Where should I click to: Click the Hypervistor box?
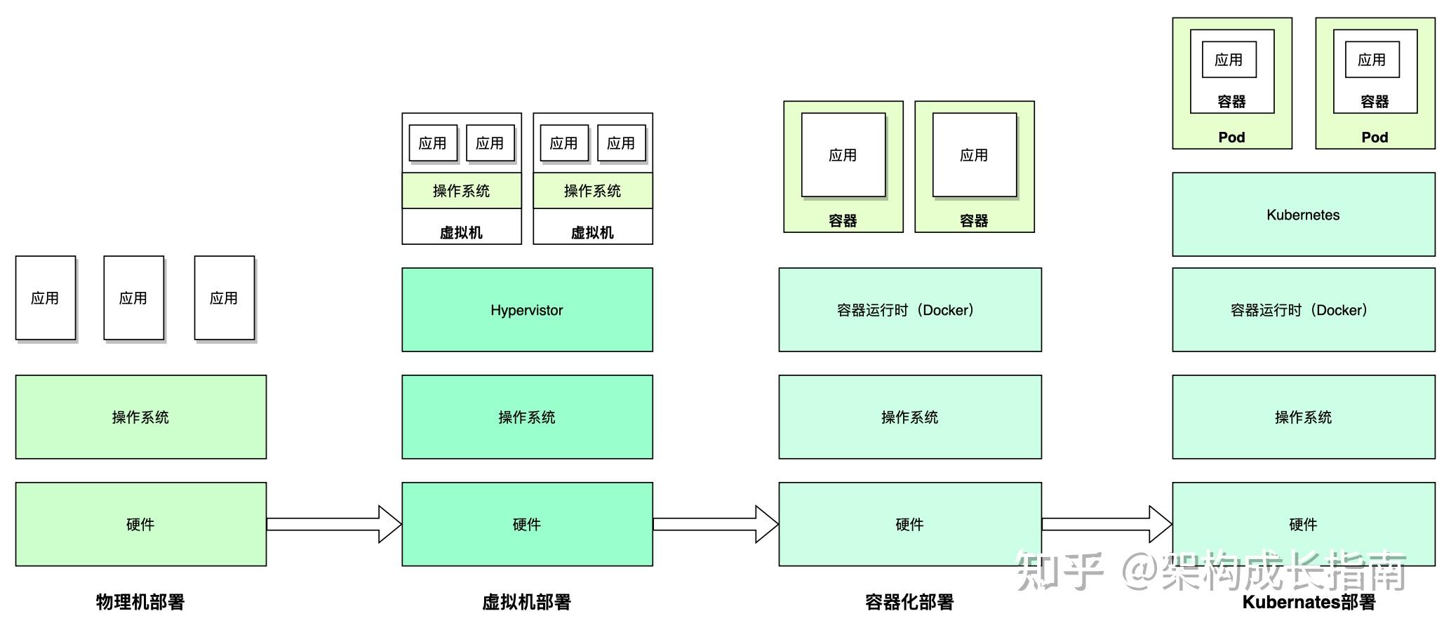[x=527, y=309]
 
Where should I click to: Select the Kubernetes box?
[x=1303, y=214]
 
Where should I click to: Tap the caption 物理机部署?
[x=140, y=601]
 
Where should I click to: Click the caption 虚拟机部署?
[x=526, y=601]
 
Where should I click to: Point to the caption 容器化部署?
[x=909, y=601]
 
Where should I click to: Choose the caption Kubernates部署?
[x=1308, y=601]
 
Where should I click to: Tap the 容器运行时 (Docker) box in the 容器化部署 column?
[x=909, y=309]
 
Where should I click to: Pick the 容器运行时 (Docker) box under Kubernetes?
[x=1303, y=309]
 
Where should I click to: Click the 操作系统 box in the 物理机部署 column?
[x=140, y=417]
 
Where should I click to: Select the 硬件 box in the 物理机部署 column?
[x=140, y=524]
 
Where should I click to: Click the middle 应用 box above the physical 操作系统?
[x=133, y=298]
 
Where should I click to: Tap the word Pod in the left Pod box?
[x=1231, y=137]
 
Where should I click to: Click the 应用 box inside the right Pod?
[x=1372, y=60]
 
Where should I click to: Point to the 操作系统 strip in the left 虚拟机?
[x=461, y=191]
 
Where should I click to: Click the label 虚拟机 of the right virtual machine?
[x=592, y=232]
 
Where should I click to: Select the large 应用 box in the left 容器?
[x=843, y=155]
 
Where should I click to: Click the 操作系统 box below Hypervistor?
[x=527, y=417]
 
